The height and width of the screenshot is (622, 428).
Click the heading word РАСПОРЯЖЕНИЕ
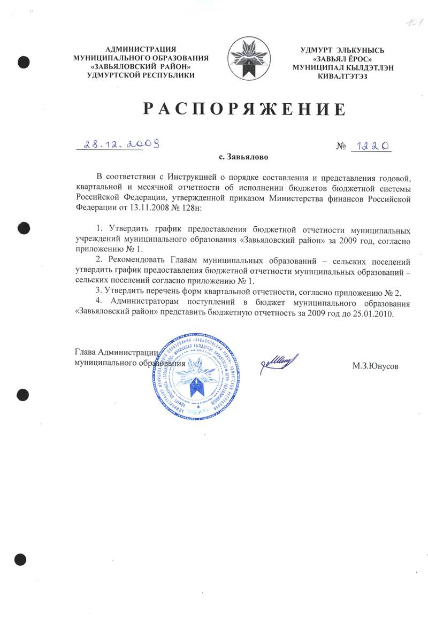click(x=243, y=109)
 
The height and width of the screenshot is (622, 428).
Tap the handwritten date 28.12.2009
click(x=119, y=143)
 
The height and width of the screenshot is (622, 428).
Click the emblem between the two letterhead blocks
click(x=249, y=60)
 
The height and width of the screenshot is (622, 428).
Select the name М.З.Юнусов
click(x=376, y=366)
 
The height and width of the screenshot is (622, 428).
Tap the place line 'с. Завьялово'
click(x=243, y=158)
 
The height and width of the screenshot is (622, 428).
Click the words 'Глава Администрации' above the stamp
click(x=116, y=352)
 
